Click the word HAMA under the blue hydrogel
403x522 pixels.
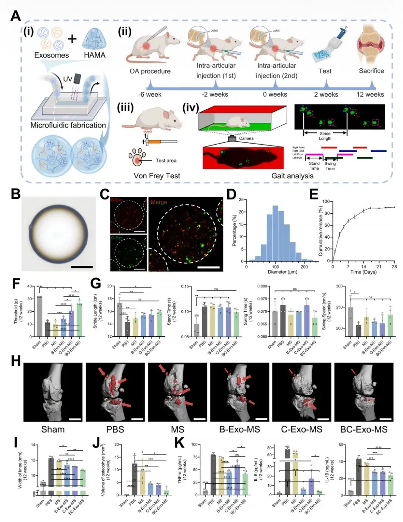[94, 55]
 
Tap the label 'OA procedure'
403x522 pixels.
[150, 71]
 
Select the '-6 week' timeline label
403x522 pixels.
[150, 94]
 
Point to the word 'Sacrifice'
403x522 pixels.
[371, 71]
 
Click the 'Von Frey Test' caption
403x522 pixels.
[157, 176]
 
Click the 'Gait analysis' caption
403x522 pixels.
[292, 176]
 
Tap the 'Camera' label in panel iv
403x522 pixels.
[246, 138]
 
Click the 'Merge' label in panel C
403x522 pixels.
[159, 202]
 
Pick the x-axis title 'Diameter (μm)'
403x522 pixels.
[275, 272]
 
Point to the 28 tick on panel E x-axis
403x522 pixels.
[394, 267]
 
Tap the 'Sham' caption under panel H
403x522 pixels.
[53, 429]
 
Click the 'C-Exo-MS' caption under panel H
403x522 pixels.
[302, 429]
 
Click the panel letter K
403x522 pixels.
[179, 443]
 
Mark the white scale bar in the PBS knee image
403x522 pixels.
[137, 419]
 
